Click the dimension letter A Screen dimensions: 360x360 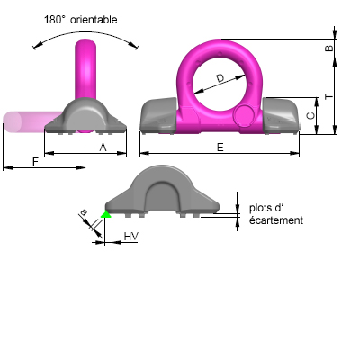point(103,148)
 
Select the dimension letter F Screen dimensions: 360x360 point(35,162)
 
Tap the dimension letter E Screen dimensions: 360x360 point(220,148)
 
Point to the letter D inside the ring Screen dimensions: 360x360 point(220,78)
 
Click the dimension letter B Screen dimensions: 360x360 point(329,49)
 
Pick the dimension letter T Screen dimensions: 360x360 point(329,96)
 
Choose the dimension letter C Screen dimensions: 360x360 point(311,116)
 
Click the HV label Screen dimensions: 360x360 point(131,237)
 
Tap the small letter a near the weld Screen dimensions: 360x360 point(84,212)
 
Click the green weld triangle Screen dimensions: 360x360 point(105,214)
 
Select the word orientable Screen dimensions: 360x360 point(94,20)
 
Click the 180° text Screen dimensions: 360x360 point(55,20)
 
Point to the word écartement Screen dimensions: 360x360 point(276,220)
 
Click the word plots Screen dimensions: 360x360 point(261,208)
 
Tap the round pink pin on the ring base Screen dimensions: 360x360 point(244,114)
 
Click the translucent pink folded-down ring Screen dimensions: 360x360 point(33,121)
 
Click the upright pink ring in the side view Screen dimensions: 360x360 point(85,69)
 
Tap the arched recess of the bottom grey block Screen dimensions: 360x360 point(163,196)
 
